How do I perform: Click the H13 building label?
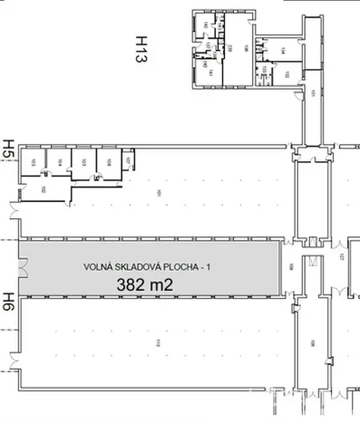point(141,50)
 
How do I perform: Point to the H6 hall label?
point(9,302)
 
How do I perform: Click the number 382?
point(132,284)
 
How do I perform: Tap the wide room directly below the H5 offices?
point(44,188)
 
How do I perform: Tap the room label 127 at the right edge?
point(344,256)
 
